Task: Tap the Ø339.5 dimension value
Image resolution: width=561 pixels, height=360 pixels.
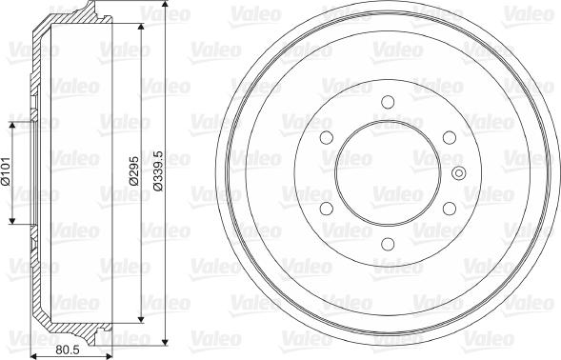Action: click(160, 172)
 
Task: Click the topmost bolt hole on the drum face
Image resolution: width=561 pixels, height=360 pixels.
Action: click(386, 103)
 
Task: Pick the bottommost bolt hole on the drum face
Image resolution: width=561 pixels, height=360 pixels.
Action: click(386, 244)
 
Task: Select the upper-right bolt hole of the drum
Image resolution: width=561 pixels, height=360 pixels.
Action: click(447, 138)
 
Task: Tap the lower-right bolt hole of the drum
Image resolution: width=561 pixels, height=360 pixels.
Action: click(447, 209)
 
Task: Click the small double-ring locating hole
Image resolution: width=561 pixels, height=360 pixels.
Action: click(458, 173)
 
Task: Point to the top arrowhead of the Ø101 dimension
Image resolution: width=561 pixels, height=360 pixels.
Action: click(11, 125)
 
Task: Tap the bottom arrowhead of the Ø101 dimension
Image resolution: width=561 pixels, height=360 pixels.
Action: click(11, 222)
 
